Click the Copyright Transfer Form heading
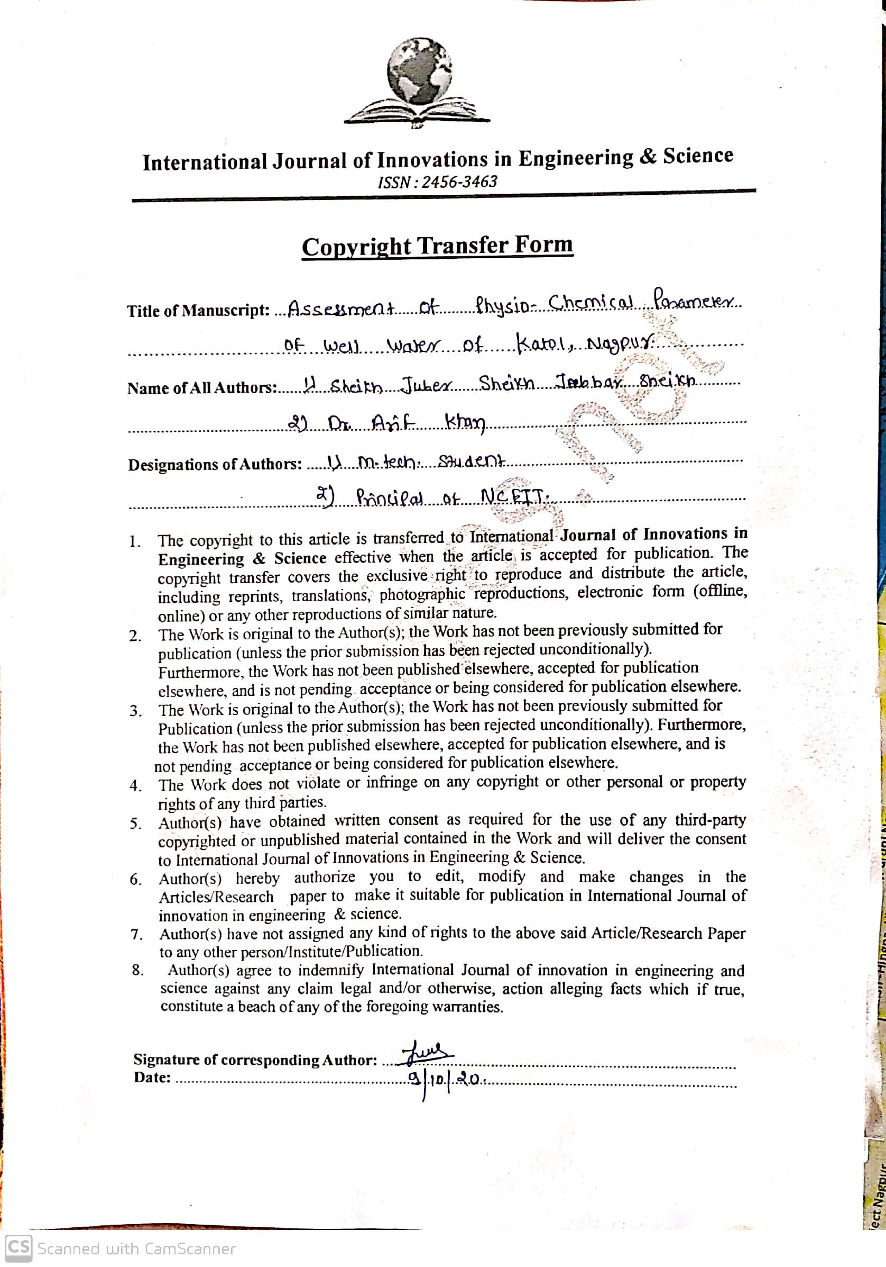(x=437, y=246)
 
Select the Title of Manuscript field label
(x=198, y=311)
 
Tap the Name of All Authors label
(x=201, y=387)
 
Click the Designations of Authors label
(x=215, y=464)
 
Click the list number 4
(x=135, y=785)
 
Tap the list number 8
(x=137, y=970)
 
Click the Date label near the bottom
(x=152, y=1076)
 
